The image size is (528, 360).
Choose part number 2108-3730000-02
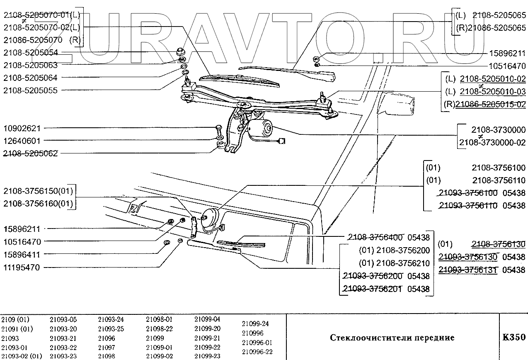tap(492, 142)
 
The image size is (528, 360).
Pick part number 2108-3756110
tap(499, 180)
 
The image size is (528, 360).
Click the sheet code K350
tap(513, 337)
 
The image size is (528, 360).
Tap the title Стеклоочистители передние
tap(392, 338)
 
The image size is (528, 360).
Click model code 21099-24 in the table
tap(255, 324)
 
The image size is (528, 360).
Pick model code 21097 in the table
tap(107, 347)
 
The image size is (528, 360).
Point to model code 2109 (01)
tap(15, 320)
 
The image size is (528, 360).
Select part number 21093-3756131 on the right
tap(469, 270)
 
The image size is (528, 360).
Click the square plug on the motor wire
tap(282, 141)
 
